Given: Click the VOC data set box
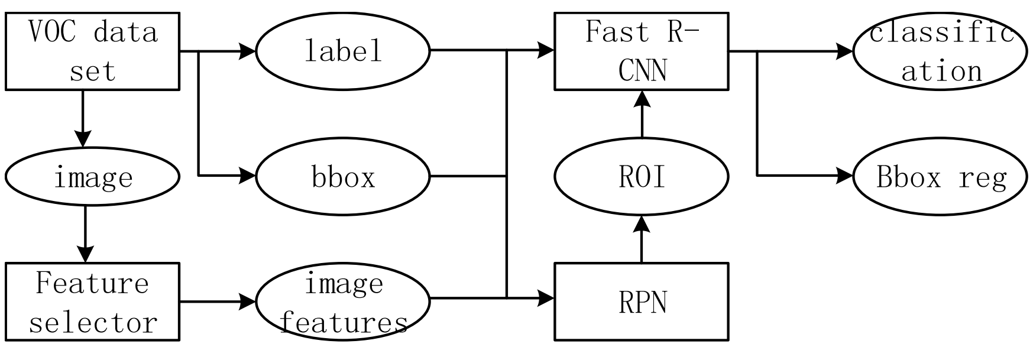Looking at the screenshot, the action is [x=92, y=51].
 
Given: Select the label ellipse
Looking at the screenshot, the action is [x=343, y=51].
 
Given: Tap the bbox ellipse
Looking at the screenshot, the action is [x=343, y=176].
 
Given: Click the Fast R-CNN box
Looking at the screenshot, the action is [x=642, y=51].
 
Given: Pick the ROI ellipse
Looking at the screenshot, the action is [x=642, y=176].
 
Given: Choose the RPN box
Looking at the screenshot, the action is [x=642, y=301].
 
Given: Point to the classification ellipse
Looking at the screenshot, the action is [x=940, y=51].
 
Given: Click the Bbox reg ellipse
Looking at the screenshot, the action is [x=940, y=176].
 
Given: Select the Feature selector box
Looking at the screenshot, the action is [x=92, y=301].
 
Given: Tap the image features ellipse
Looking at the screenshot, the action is [x=343, y=301].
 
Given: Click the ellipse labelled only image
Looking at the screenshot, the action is [x=92, y=176].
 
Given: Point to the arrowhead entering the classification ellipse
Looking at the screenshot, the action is [x=844, y=51].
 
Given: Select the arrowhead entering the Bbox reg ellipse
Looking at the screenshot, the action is [x=844, y=176].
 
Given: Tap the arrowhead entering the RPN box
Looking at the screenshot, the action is [x=546, y=297].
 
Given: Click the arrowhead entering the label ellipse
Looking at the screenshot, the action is [x=247, y=51].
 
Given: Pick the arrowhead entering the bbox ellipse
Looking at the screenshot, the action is [x=247, y=176].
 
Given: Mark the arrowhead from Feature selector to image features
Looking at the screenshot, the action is [x=247, y=301].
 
